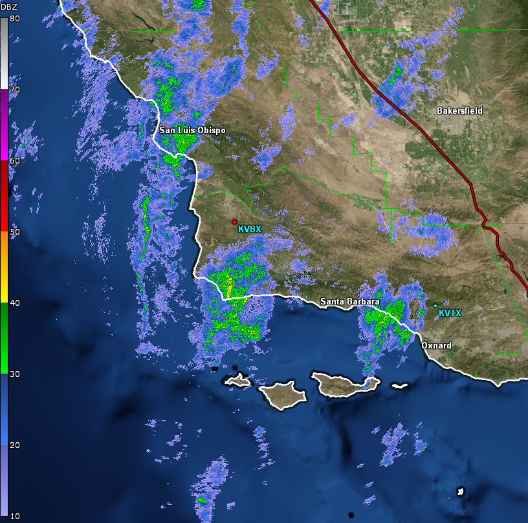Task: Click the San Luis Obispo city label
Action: (x=193, y=131)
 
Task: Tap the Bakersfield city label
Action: (x=459, y=111)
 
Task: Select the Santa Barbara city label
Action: (x=349, y=302)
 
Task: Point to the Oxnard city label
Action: (x=436, y=346)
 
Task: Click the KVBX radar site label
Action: (x=250, y=229)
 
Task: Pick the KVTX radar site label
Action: (x=450, y=314)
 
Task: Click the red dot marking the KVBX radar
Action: (x=234, y=222)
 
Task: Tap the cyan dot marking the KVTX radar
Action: (x=435, y=306)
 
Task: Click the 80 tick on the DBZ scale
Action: (x=14, y=19)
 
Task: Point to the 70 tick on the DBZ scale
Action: (x=14, y=90)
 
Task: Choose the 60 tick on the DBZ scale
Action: (x=14, y=161)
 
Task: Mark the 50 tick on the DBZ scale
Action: (x=14, y=232)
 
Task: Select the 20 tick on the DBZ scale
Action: (x=14, y=445)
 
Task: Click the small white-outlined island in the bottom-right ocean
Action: (x=461, y=492)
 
